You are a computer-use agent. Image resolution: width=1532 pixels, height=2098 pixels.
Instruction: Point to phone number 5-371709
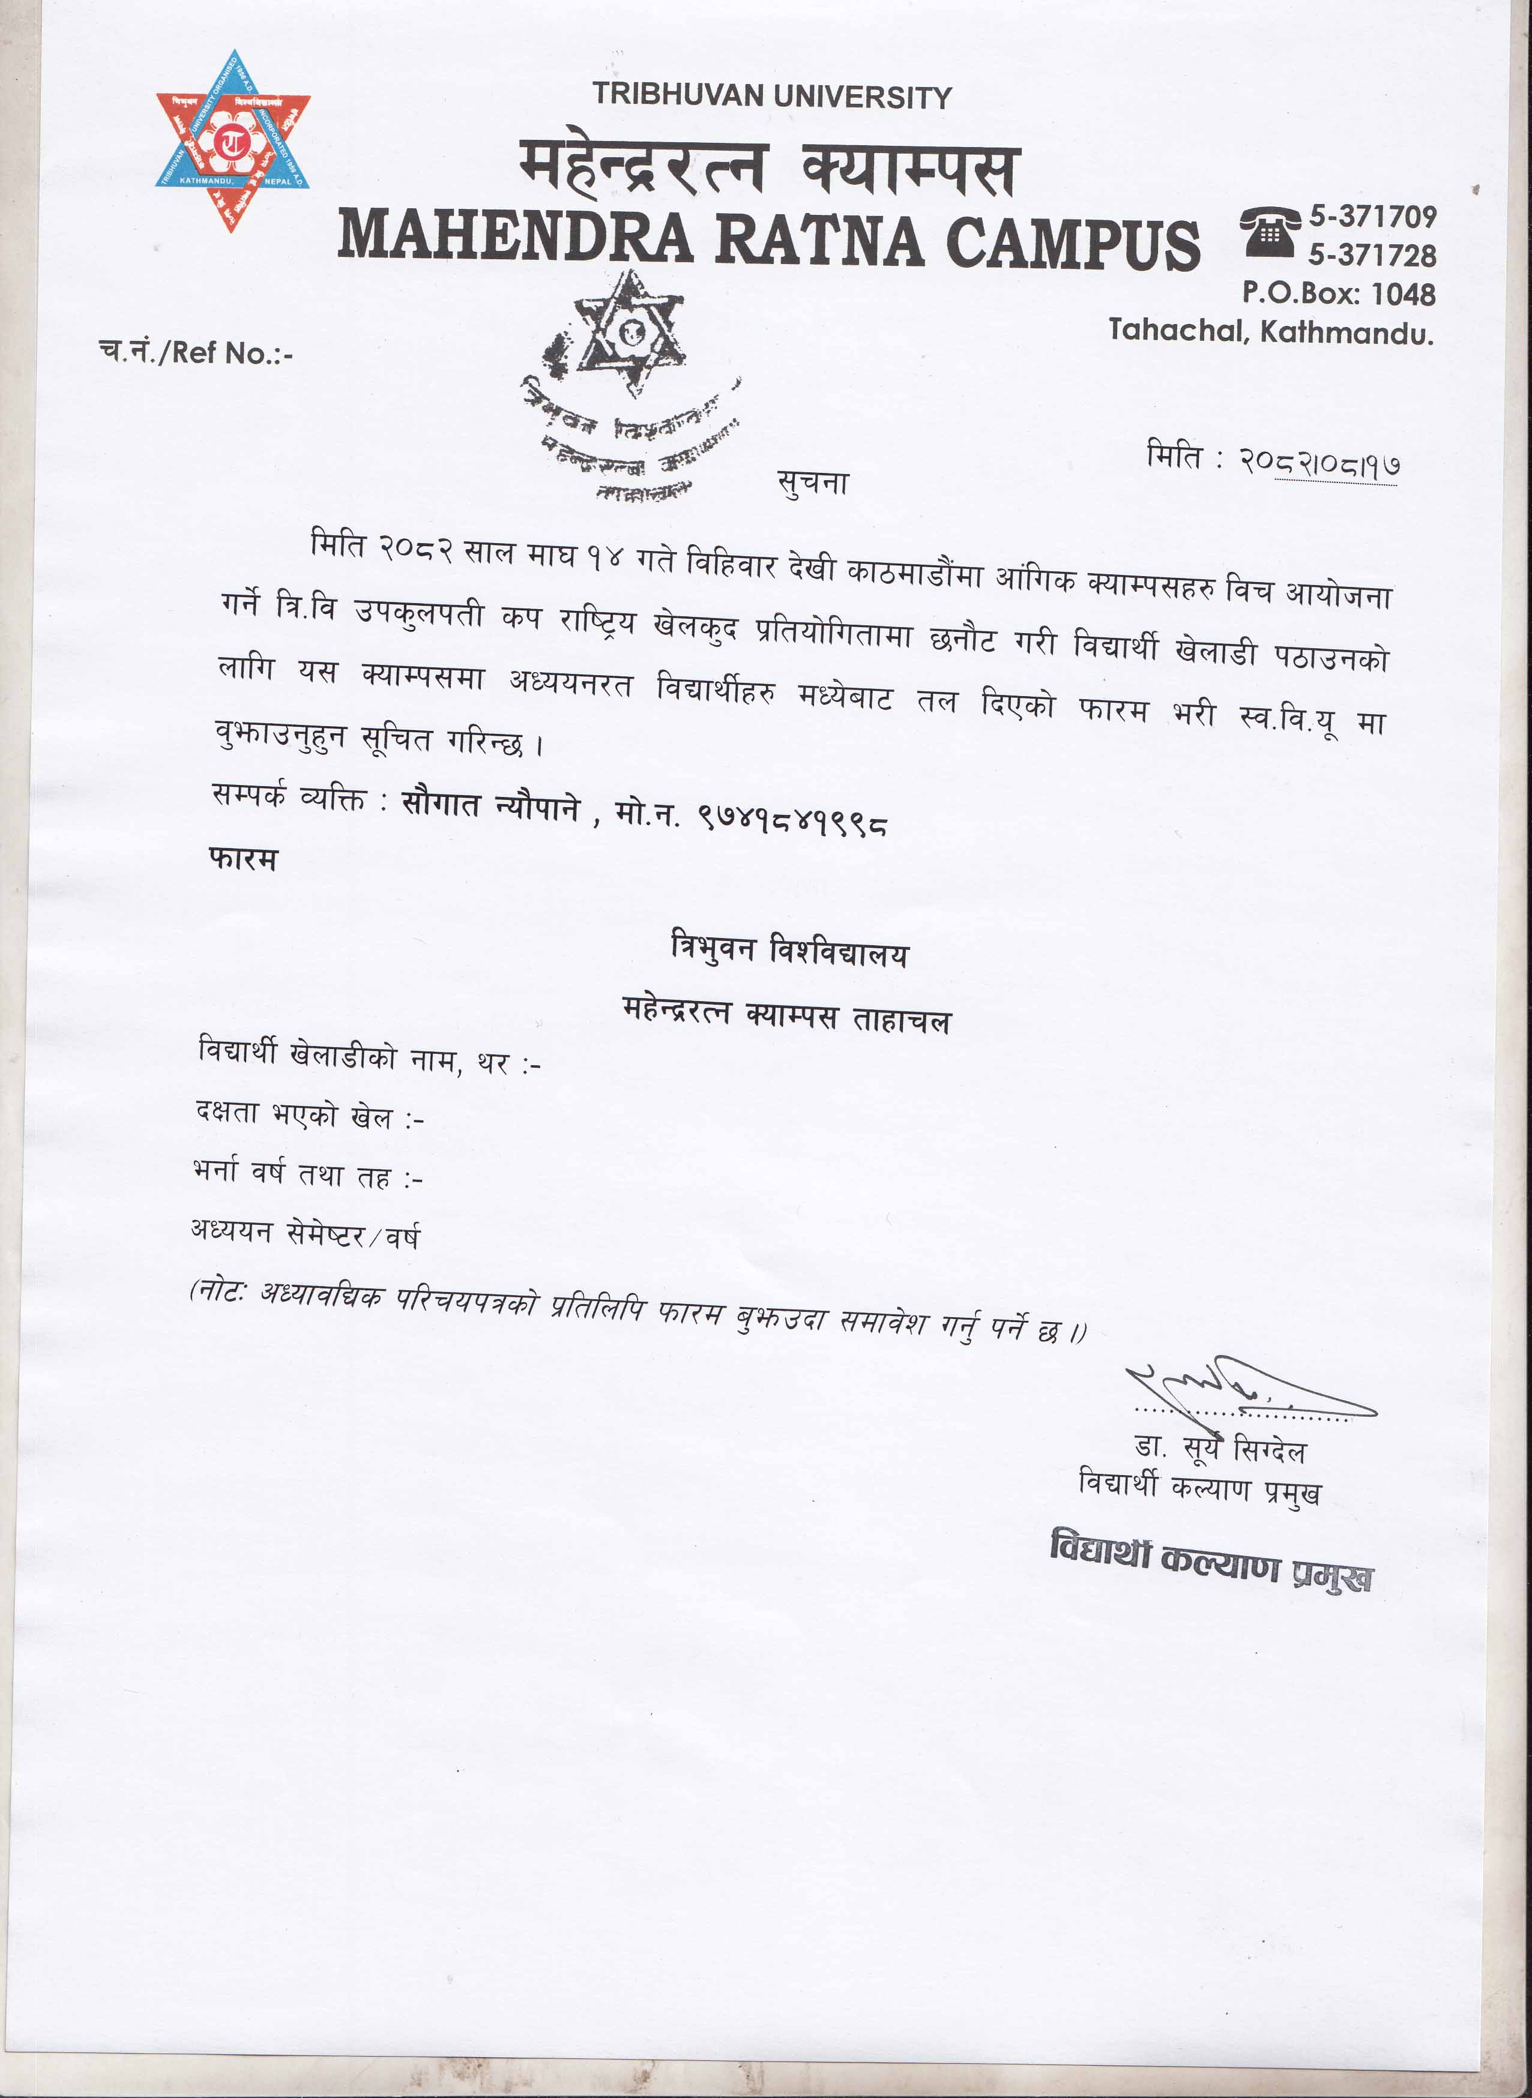point(1372,217)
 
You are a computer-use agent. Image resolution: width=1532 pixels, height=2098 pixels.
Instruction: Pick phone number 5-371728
point(1372,255)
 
